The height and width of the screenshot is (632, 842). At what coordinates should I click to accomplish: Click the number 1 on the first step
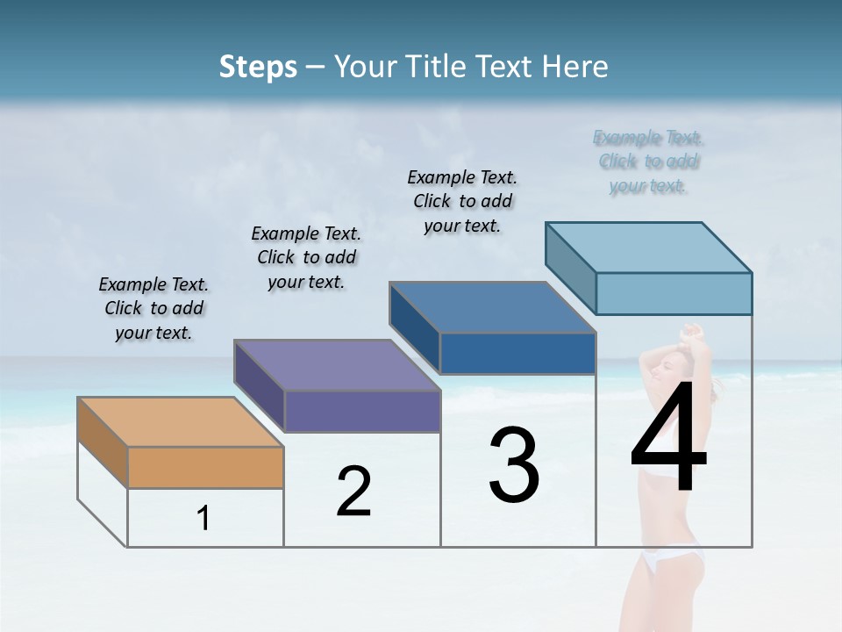[x=203, y=519]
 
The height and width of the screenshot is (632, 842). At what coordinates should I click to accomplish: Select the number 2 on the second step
[x=353, y=492]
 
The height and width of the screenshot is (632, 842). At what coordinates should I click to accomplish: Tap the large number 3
[x=514, y=465]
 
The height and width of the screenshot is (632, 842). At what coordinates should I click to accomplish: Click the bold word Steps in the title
[x=258, y=67]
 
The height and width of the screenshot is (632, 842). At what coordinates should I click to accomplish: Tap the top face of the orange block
[x=181, y=422]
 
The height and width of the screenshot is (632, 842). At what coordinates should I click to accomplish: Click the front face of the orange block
[x=205, y=467]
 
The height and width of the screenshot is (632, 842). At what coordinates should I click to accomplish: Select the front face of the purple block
[x=362, y=411]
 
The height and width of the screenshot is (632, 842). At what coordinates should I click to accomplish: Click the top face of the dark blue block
[x=493, y=307]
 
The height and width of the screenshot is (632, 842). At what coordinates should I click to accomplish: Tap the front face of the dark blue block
[x=517, y=353]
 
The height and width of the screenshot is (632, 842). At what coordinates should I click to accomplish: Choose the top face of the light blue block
[x=649, y=247]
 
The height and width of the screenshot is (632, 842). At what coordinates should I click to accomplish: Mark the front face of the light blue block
[x=674, y=293]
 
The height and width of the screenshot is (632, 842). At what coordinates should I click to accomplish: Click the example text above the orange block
[x=153, y=308]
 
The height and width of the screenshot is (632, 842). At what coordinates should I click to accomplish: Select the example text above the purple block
[x=306, y=257]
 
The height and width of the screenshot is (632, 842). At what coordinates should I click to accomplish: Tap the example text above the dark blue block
[x=462, y=201]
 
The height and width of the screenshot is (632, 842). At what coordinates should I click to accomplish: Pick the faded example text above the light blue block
[x=648, y=162]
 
